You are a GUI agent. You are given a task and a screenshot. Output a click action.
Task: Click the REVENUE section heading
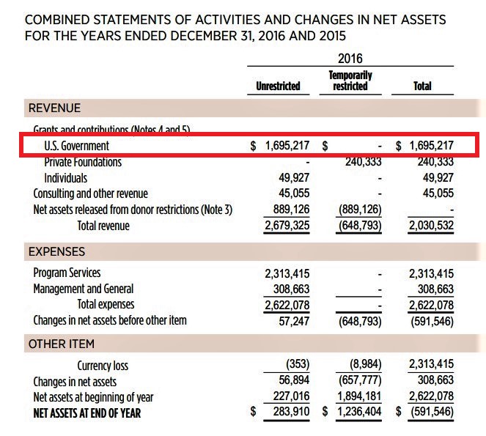(x=54, y=108)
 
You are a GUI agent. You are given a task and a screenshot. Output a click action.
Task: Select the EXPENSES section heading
(x=56, y=251)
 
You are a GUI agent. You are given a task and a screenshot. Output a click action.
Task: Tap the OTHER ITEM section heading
(x=61, y=344)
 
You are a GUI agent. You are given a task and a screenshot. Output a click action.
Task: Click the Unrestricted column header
(x=278, y=86)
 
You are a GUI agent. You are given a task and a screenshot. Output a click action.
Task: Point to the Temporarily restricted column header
(x=350, y=81)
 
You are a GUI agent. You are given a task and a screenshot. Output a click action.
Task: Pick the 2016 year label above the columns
(x=350, y=59)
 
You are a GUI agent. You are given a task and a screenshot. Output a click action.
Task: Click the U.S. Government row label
(x=76, y=146)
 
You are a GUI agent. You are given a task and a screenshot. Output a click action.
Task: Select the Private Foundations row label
(x=83, y=162)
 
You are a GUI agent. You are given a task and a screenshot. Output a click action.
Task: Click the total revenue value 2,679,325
(x=287, y=226)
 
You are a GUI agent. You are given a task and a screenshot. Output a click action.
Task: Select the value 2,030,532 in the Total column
(x=430, y=226)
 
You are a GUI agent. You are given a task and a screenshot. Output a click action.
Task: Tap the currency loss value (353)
(x=297, y=365)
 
